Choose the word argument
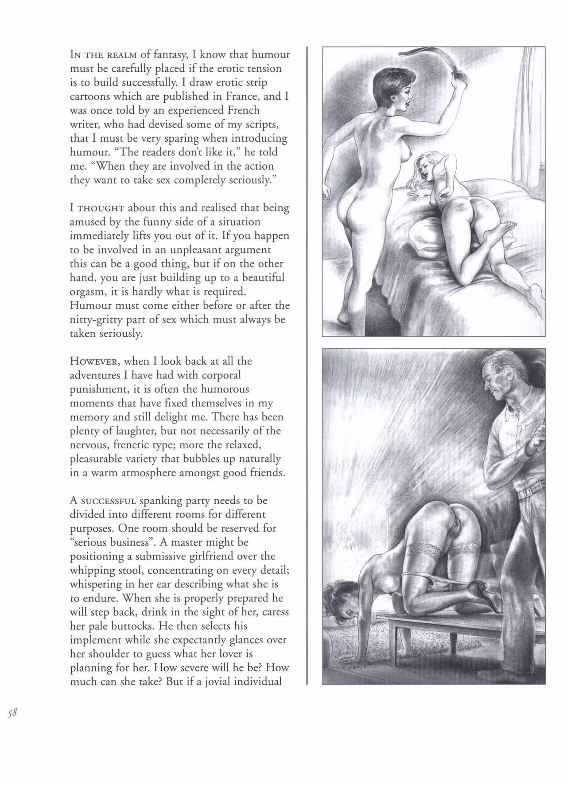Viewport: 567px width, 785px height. coord(247,249)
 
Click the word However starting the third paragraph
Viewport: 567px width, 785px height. coord(93,361)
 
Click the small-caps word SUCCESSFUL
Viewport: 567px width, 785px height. coord(108,501)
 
